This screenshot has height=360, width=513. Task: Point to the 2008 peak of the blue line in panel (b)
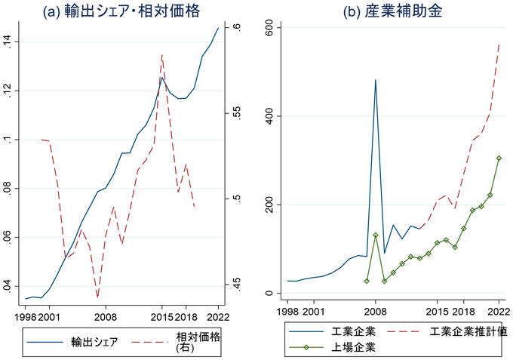click(376, 79)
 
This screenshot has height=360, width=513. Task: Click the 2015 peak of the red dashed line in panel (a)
click(162, 54)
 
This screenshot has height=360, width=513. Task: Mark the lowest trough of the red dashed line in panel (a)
click(97, 297)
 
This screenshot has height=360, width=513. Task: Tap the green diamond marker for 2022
click(499, 158)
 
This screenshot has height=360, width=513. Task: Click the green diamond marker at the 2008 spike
click(376, 235)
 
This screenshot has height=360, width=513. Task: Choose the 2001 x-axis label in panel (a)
click(50, 309)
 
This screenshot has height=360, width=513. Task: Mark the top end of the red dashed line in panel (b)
click(499, 45)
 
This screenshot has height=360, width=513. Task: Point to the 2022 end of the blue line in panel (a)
click(219, 28)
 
